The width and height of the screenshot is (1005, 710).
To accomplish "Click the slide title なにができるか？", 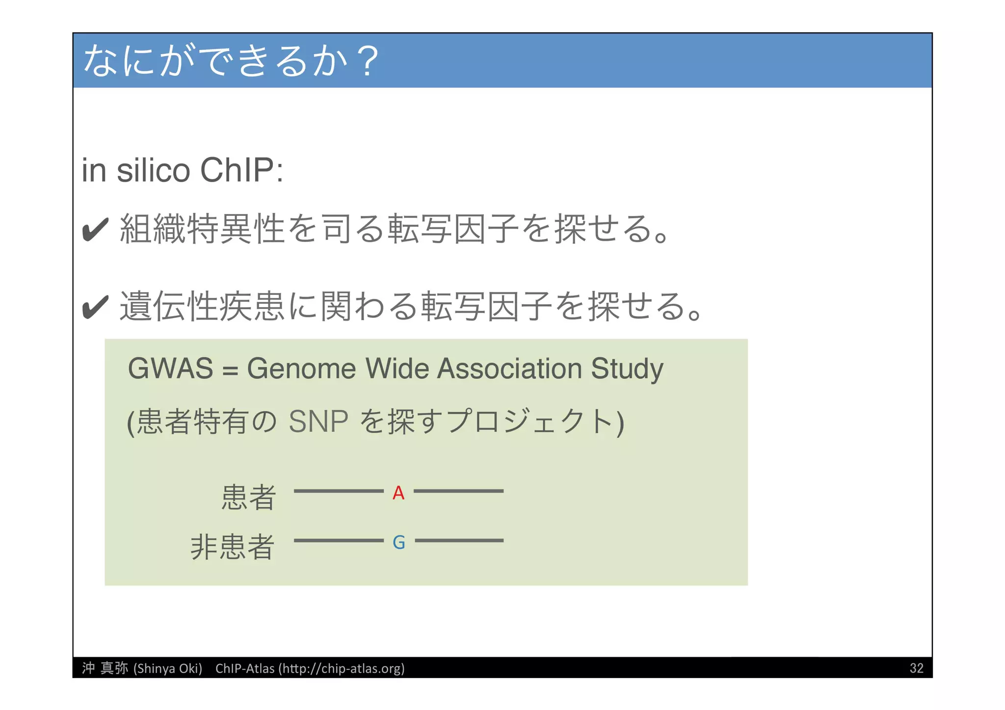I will tap(231, 61).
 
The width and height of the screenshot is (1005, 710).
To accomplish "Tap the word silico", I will tap(153, 171).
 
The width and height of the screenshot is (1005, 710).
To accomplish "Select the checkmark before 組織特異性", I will tap(95, 230).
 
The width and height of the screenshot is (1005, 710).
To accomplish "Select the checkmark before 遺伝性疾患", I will tap(95, 307).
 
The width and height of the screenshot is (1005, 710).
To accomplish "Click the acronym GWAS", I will tap(170, 368).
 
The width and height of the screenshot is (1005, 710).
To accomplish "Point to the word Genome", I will tap(301, 368).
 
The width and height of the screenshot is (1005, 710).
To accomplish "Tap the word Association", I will tap(509, 368).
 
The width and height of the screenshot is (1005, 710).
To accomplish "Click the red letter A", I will tap(398, 493).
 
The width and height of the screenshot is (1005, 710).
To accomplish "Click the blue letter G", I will tap(398, 542).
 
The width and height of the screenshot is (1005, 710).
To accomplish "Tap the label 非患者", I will tap(232, 547).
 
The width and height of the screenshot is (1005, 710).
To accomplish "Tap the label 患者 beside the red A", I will tap(248, 497).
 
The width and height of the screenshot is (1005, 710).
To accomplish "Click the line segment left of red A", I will tap(339, 491).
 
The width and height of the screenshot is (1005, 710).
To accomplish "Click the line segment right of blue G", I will tap(459, 540).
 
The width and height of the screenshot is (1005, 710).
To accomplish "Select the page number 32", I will tap(916, 668).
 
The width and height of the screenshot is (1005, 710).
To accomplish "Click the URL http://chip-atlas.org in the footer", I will tap(342, 668).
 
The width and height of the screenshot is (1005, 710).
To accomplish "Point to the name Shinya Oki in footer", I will tap(168, 668).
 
